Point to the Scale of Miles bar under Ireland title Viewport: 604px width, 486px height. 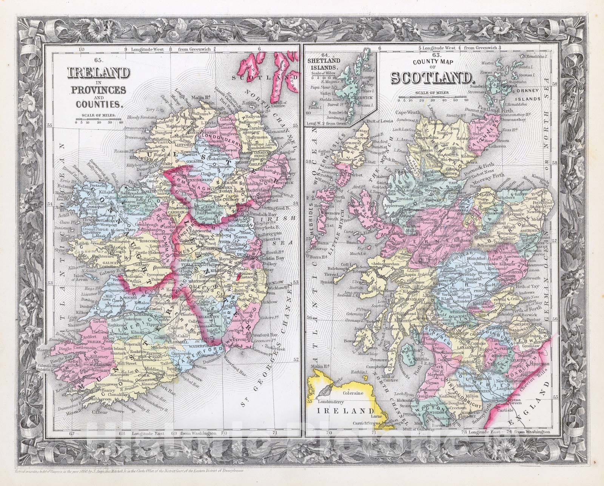(98, 121)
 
